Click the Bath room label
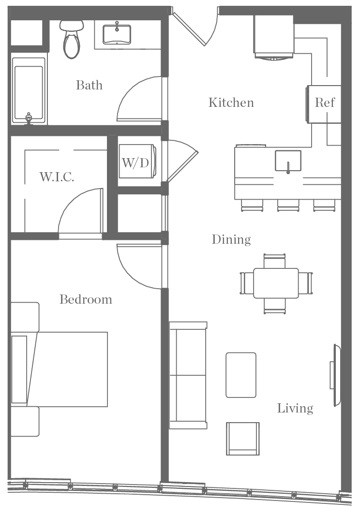(x=90, y=85)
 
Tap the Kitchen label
(x=231, y=103)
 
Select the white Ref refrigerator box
(x=324, y=103)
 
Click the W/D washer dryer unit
(x=137, y=162)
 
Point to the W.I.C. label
(x=57, y=177)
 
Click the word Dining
(x=231, y=239)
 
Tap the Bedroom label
(x=86, y=299)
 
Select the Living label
(x=295, y=408)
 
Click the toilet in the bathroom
(x=71, y=39)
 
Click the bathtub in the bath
(x=29, y=90)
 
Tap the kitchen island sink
(x=288, y=161)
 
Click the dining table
(x=276, y=283)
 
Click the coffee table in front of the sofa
(x=241, y=375)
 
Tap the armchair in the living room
(x=243, y=438)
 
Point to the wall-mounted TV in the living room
(x=335, y=375)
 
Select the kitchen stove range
(x=273, y=37)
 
